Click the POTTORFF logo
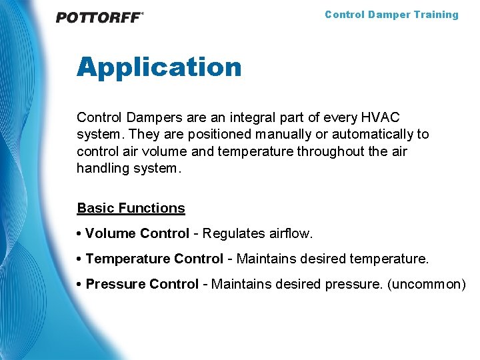point(99,17)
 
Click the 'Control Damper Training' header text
point(391,15)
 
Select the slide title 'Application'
point(159,67)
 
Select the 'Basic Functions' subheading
point(131,208)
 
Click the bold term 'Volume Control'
point(137,233)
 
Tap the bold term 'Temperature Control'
point(154,259)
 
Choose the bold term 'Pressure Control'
point(142,284)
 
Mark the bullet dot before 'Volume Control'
point(79,233)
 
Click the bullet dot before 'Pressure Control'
point(79,284)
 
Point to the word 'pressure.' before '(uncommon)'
point(353,284)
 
